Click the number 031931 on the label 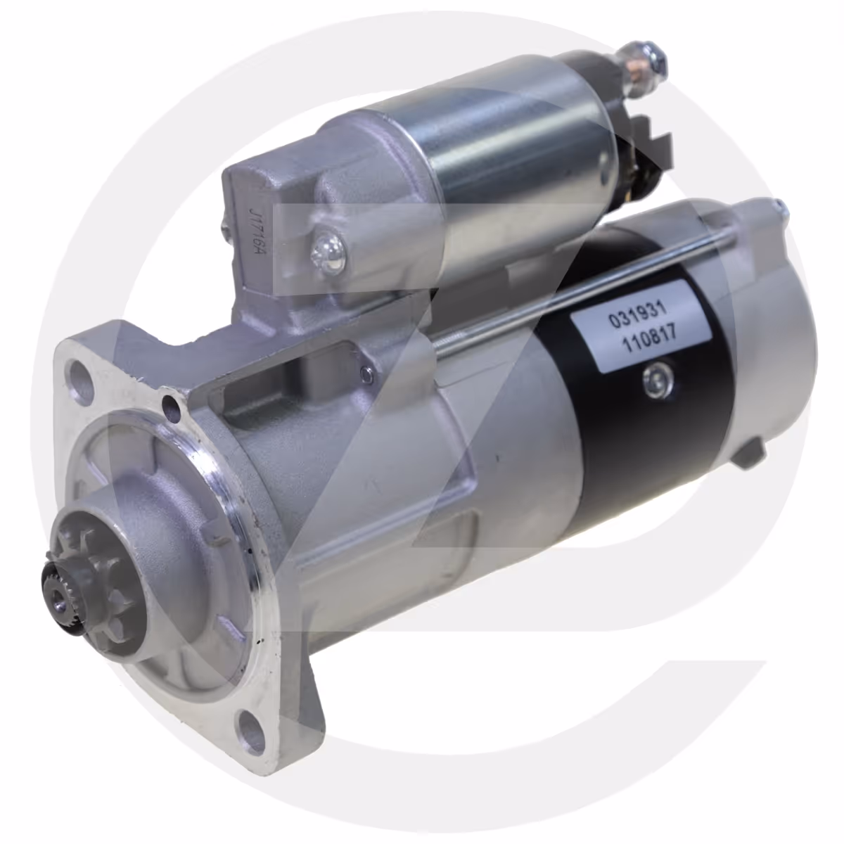[638, 316]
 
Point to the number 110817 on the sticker [651, 340]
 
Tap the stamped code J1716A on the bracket [254, 234]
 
